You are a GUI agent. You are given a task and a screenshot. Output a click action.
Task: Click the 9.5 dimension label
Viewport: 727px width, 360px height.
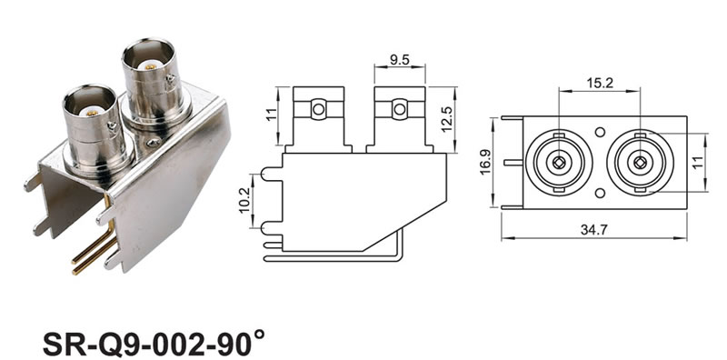399,60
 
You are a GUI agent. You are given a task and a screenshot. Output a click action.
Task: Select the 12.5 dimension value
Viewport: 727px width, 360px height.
447,119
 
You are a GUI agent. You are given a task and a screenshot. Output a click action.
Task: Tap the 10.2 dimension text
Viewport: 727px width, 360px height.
244,201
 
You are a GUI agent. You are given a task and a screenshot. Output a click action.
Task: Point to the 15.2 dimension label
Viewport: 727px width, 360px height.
600,83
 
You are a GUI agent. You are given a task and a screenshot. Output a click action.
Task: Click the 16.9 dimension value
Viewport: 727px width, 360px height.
485,162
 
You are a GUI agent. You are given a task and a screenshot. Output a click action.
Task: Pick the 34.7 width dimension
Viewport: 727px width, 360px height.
594,230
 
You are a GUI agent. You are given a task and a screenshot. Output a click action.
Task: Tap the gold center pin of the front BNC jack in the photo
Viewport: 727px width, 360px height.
92,112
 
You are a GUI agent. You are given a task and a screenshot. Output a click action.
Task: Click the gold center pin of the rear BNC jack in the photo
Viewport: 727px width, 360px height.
150,66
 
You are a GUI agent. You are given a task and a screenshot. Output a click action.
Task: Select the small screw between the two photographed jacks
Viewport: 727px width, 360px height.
154,143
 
